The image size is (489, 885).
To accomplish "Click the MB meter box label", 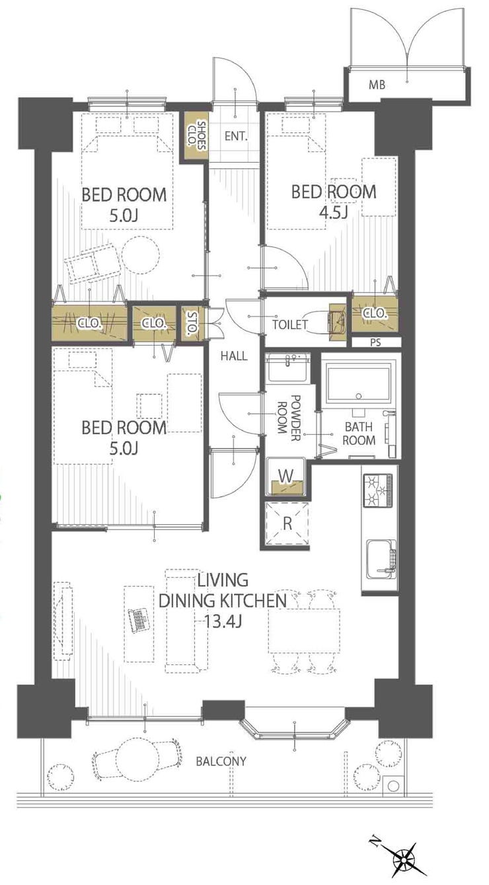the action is click(377, 84).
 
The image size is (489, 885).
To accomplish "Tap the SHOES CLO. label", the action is click(196, 135).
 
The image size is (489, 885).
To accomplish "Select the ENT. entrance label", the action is click(236, 136).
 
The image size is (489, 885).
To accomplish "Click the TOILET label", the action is click(290, 325).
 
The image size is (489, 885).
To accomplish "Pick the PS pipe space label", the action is click(375, 342).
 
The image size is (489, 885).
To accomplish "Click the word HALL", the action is click(234, 356).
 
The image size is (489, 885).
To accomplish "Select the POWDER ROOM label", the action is click(289, 418).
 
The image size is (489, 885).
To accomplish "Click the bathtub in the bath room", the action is click(358, 383).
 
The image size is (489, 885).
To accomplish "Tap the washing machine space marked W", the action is click(286, 477).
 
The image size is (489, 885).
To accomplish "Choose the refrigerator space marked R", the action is click(287, 523).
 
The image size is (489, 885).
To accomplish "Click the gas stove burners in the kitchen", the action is click(378, 490).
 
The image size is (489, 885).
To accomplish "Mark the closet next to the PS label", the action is click(375, 314).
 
